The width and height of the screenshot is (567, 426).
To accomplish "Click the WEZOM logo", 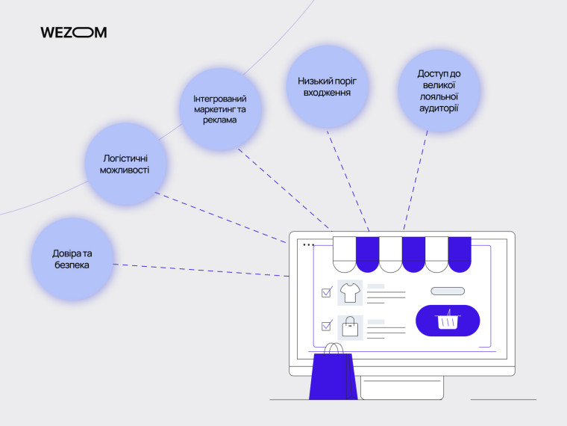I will click(x=73, y=32).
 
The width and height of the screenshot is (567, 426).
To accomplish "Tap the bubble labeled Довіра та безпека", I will click(x=71, y=259).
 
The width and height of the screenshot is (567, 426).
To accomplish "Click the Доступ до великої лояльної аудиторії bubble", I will click(x=438, y=90).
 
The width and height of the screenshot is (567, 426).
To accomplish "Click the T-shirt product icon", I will click(x=350, y=292).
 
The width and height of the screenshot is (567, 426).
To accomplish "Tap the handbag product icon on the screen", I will click(x=350, y=327).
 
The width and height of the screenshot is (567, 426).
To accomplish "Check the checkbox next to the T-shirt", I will click(x=326, y=292).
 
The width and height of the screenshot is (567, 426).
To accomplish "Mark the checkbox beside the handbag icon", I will click(x=326, y=326).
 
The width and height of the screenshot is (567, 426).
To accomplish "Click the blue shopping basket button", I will click(x=448, y=321).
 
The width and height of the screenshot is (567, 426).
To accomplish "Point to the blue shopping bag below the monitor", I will click(x=334, y=377).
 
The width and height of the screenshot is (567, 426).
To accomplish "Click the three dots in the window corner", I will click(x=307, y=244).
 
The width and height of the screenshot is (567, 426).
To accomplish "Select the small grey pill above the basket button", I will click(x=448, y=291).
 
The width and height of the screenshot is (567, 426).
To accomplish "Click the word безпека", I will click(x=71, y=265).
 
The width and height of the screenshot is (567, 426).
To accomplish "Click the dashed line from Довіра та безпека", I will click(x=201, y=271).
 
